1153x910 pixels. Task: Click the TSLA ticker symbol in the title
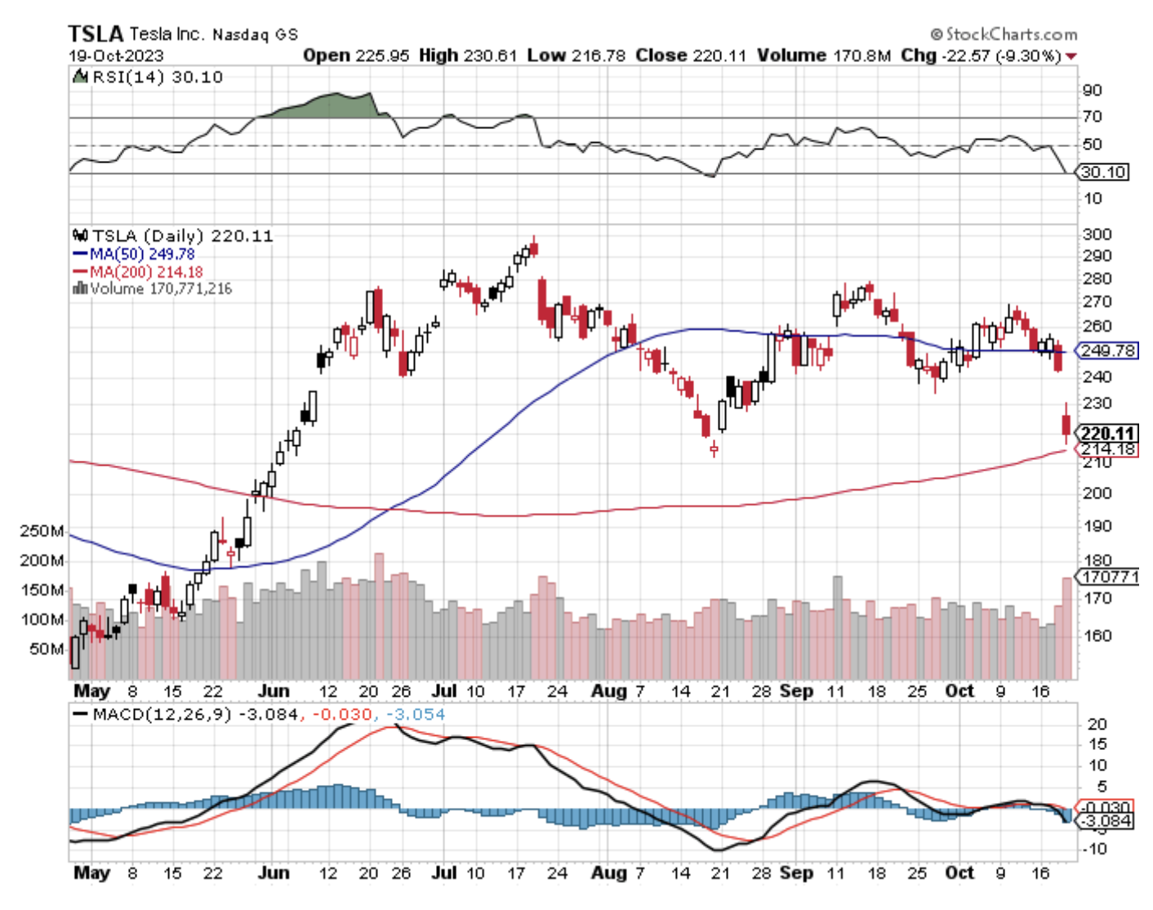[x=95, y=33]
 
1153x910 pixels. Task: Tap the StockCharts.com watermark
[x=1004, y=34]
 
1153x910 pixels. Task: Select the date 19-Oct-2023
[x=116, y=56]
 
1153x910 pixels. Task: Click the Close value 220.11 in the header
[x=691, y=56]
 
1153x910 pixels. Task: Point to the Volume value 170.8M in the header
[x=824, y=56]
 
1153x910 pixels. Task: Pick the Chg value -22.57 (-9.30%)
[x=980, y=56]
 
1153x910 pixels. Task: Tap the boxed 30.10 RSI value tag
[x=1102, y=172]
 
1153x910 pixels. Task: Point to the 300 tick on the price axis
[x=1096, y=234]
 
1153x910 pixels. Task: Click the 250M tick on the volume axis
[x=42, y=531]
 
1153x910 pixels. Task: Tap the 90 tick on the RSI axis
[x=1092, y=90]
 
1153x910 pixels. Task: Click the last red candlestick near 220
[x=1066, y=425]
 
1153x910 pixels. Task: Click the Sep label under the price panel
[x=796, y=690]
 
